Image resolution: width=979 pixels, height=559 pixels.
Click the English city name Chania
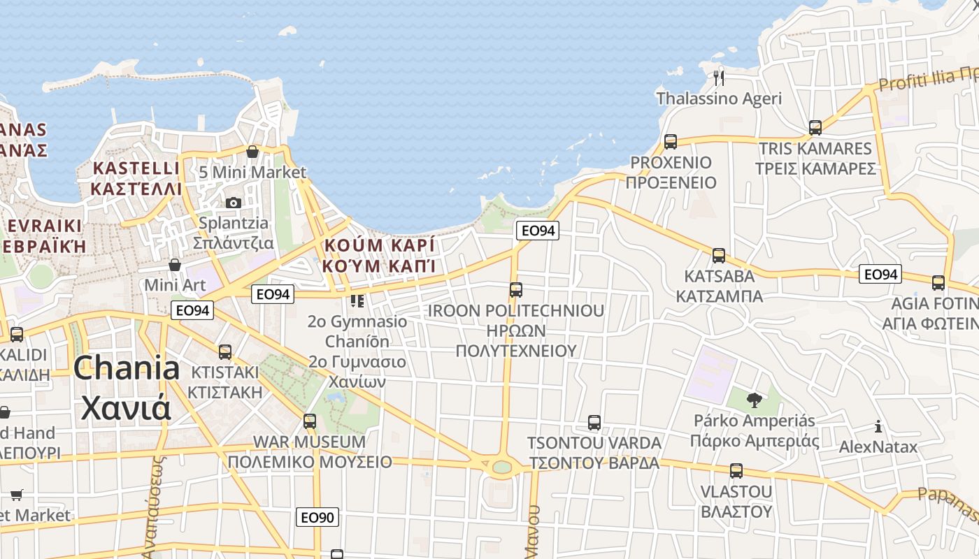click(127, 368)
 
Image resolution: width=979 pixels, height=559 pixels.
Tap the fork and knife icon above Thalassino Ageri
click(719, 77)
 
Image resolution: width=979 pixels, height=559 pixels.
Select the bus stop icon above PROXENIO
click(671, 142)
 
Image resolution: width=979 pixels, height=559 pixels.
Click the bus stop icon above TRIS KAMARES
click(815, 128)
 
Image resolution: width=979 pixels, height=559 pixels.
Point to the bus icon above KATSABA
click(719, 256)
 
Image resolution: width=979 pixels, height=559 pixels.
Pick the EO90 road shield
click(317, 518)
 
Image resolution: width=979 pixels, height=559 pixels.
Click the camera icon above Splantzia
click(234, 203)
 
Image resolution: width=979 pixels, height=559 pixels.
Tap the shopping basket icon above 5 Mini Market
click(252, 152)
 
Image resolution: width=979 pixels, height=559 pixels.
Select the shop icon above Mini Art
click(175, 265)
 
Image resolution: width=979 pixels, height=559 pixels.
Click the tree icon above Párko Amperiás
click(754, 400)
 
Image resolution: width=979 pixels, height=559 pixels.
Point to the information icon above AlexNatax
click(878, 426)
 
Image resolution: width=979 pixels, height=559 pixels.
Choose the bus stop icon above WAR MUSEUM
click(310, 421)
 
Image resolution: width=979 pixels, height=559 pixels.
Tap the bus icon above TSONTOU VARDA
click(594, 423)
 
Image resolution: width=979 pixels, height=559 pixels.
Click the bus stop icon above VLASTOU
click(736, 471)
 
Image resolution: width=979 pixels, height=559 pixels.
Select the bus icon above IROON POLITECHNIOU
click(516, 289)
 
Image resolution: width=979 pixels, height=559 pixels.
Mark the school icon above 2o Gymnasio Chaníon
click(357, 301)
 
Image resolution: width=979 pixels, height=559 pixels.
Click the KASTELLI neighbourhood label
click(136, 168)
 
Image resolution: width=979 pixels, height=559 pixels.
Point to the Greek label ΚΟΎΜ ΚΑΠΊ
click(379, 266)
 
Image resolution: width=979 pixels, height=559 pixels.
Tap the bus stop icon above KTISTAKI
click(225, 351)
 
